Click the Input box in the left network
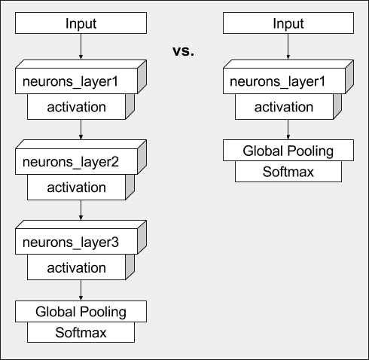(81, 23)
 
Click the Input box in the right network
(288, 23)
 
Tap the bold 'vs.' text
(183, 51)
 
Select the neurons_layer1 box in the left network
(81, 77)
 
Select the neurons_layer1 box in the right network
(288, 77)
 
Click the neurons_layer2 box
(81, 157)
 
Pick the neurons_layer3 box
(81, 237)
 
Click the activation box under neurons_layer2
(81, 188)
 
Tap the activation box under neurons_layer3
(81, 267)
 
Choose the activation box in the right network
(288, 107)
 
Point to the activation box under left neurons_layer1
(81, 107)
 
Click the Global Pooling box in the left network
(81, 312)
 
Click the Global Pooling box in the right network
(288, 151)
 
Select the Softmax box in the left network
(81, 332)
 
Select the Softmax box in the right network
(288, 172)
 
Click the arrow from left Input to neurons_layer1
(81, 47)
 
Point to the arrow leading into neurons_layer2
(81, 130)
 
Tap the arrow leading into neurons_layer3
(81, 210)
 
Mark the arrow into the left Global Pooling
(81, 290)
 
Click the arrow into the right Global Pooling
(288, 130)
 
